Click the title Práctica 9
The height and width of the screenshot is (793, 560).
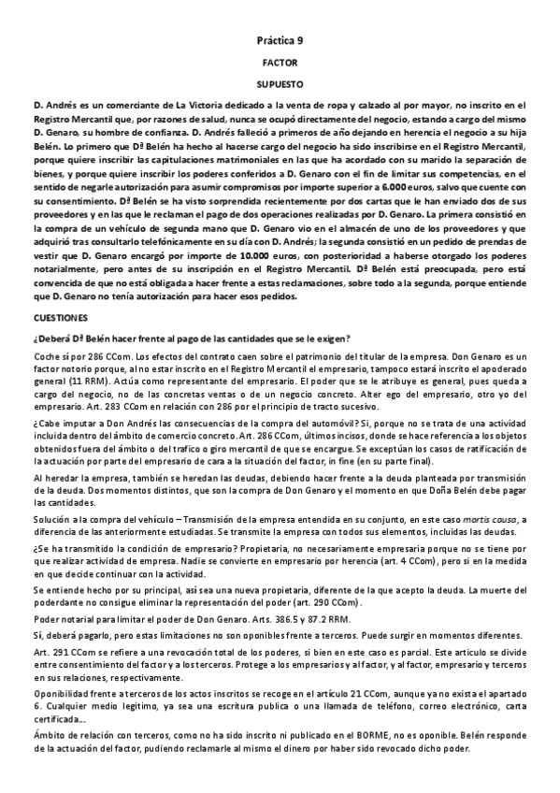[280, 41]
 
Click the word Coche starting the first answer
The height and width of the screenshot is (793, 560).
[46, 356]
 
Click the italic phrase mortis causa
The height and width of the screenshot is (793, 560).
[449, 520]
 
